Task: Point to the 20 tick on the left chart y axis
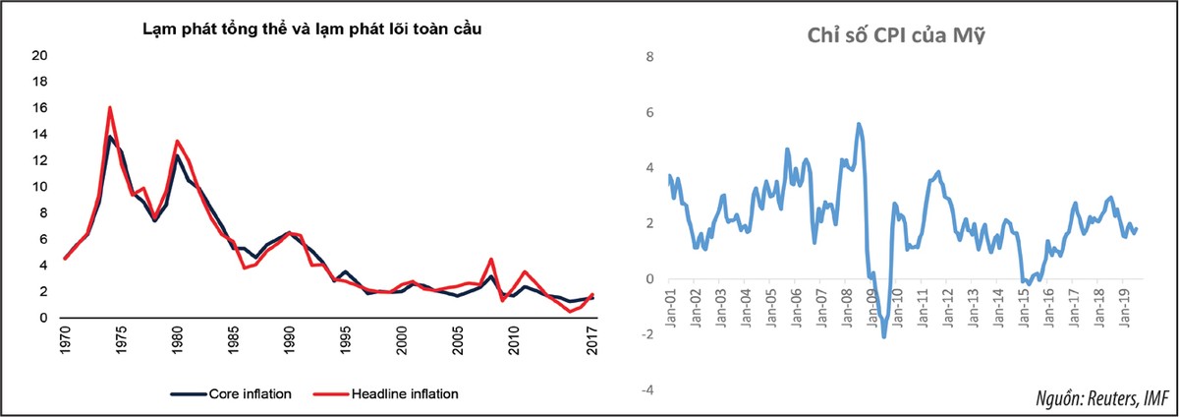[40, 55]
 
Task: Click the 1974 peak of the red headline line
[110, 107]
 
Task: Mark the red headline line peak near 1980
[177, 141]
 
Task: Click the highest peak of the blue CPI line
[859, 124]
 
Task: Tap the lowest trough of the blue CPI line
[884, 337]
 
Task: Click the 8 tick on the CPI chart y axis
[646, 57]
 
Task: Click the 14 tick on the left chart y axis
[40, 134]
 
